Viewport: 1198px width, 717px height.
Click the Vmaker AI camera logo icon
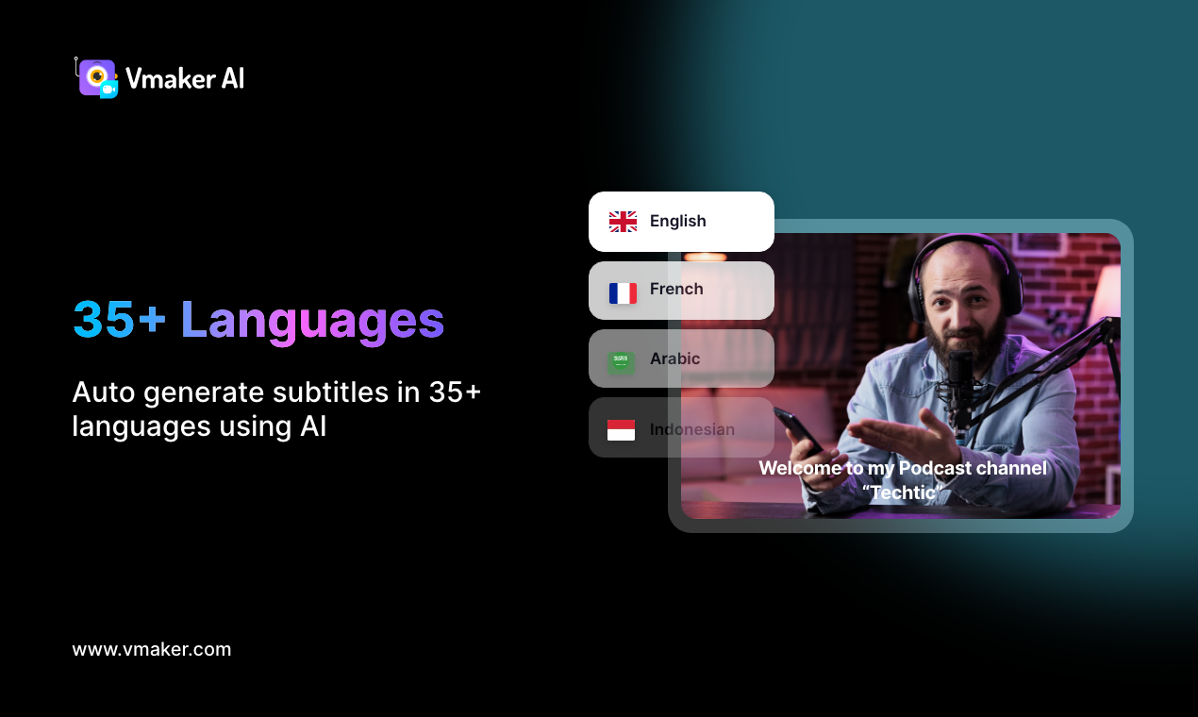click(x=96, y=77)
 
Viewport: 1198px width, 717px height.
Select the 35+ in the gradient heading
click(x=120, y=320)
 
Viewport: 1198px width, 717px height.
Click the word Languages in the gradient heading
click(x=312, y=322)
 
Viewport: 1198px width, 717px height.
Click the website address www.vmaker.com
click(x=151, y=649)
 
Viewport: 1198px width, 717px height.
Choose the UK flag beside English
click(x=623, y=222)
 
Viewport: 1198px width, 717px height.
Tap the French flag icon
click(x=623, y=292)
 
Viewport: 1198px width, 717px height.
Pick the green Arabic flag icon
click(x=621, y=361)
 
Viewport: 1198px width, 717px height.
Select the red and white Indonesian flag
click(x=621, y=430)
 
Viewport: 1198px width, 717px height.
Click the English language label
click(x=677, y=221)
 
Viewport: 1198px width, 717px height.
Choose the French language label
click(x=676, y=289)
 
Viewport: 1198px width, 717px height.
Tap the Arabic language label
click(x=674, y=358)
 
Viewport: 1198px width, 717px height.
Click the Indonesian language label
click(x=691, y=429)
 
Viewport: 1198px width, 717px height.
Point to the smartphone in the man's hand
click(x=797, y=430)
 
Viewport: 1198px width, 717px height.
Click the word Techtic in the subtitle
click(x=903, y=492)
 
